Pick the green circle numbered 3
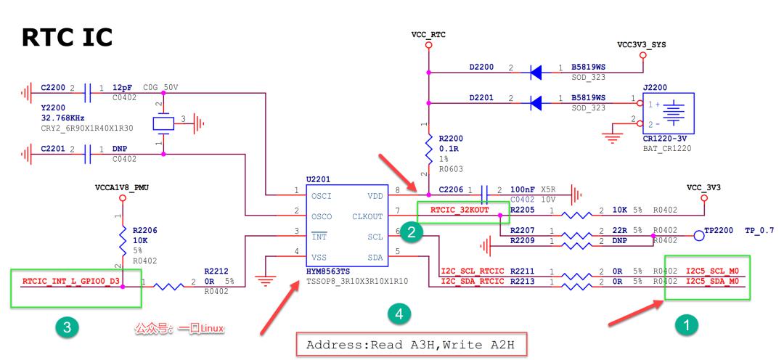67,328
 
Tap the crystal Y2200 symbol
162,123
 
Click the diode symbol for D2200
536,72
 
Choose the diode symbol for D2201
536,102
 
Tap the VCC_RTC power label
428,34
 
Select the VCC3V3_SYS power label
641,45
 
